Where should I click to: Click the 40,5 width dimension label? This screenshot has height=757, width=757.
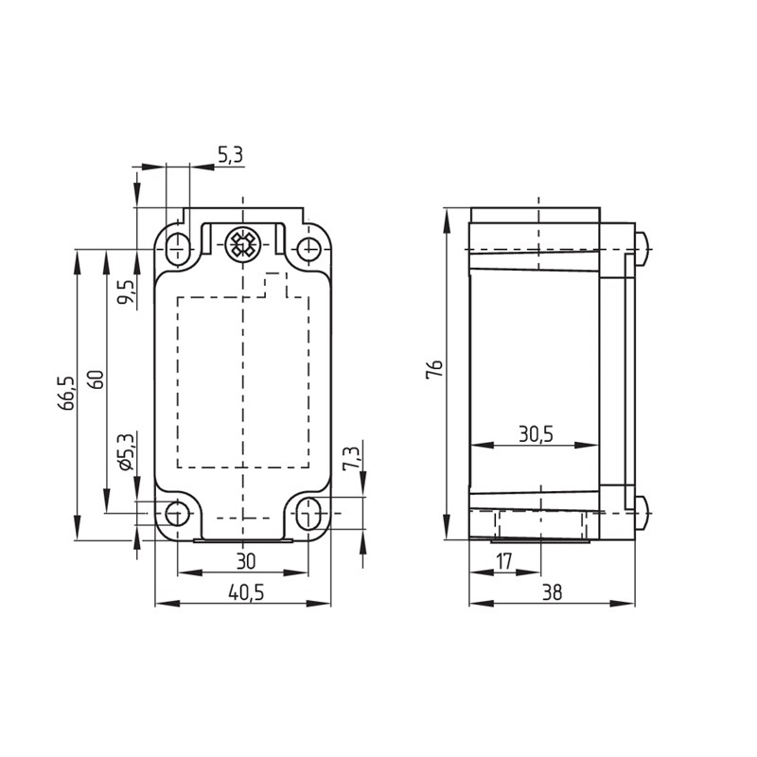[x=246, y=592]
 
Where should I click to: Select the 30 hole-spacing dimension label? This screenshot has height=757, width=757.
[x=246, y=561]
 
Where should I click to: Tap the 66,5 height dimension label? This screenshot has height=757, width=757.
[x=66, y=394]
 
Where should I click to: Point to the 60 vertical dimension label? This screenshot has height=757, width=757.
[x=97, y=380]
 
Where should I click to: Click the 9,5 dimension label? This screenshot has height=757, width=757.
[x=127, y=292]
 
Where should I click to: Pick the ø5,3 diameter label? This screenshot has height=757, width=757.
[x=125, y=452]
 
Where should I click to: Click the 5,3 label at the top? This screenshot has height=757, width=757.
[x=231, y=155]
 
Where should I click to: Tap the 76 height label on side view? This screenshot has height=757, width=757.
[x=434, y=369]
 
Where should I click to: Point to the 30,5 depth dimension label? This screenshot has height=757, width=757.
[x=536, y=434]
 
